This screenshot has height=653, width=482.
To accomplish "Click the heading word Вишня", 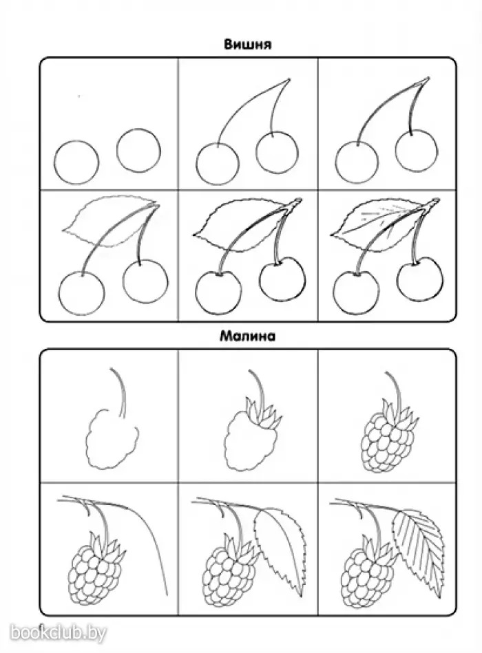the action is click(248, 44).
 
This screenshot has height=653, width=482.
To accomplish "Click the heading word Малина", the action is click(247, 335).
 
